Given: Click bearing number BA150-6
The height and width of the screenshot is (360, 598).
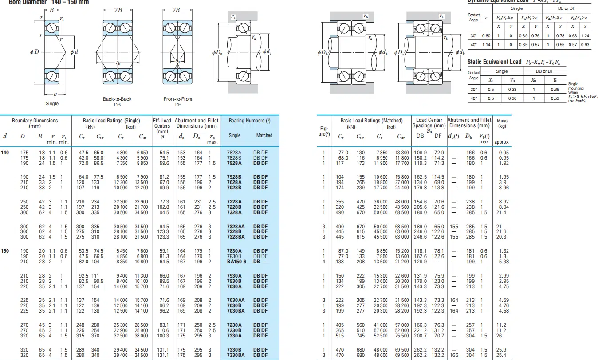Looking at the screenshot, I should click(x=236, y=262).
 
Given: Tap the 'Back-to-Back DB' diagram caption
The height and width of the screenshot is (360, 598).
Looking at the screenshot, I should click(x=117, y=102).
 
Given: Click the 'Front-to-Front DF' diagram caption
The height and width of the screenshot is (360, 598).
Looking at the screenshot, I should click(x=178, y=102).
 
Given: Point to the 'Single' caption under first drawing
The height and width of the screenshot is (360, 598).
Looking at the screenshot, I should click(x=52, y=104).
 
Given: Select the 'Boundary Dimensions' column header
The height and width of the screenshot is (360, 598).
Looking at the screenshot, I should click(x=35, y=121).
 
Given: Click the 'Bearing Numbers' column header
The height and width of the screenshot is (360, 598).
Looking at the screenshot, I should click(x=250, y=121).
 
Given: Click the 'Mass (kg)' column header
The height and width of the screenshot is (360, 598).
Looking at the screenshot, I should click(x=502, y=123).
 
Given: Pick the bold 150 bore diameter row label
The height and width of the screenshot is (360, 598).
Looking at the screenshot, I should click(x=5, y=251).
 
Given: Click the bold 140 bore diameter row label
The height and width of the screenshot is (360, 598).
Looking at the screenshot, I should click(x=5, y=153).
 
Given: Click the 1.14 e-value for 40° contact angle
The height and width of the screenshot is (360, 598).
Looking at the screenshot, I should click(x=487, y=45).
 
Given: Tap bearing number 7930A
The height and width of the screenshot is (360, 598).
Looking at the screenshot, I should click(x=234, y=276).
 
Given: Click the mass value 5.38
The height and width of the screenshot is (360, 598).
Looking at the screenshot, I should click(x=503, y=262).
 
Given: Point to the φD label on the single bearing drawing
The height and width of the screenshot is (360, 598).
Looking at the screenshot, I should click(x=34, y=52).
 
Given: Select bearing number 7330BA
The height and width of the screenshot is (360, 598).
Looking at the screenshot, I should click(x=236, y=355).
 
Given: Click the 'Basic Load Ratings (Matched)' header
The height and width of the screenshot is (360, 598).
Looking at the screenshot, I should click(x=371, y=121).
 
